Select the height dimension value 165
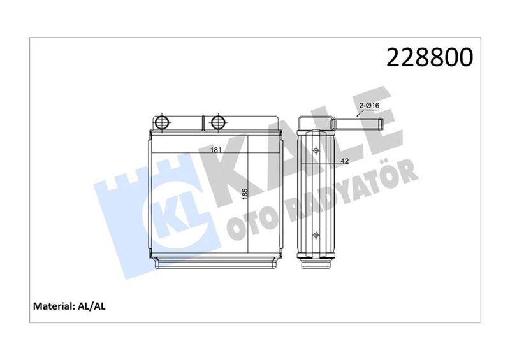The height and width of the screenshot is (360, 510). point(245,192)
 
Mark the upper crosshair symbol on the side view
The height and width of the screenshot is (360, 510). point(317,151)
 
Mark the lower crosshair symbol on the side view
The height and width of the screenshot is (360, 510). point(317,234)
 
